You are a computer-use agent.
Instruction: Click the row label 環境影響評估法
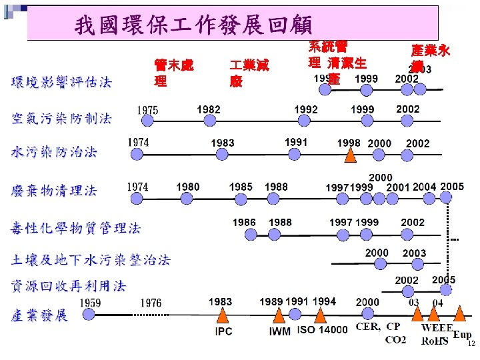[61, 82]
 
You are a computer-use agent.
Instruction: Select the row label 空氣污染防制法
[61, 119]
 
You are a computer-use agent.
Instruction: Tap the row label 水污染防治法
[53, 152]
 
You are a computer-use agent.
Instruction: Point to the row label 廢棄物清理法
[53, 191]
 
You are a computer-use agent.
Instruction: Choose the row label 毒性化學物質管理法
[75, 229]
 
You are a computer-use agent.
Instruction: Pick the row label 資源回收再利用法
[68, 286]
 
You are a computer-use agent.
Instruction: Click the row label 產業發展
[39, 315]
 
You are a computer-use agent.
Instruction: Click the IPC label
[223, 331]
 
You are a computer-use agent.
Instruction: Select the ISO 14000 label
[323, 330]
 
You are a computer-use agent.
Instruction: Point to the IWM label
[279, 331]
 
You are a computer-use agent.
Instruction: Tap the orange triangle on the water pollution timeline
[350, 155]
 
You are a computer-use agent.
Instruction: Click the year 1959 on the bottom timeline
[90, 303]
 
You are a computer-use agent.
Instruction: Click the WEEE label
[437, 327]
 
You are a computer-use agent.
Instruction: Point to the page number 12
[471, 344]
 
